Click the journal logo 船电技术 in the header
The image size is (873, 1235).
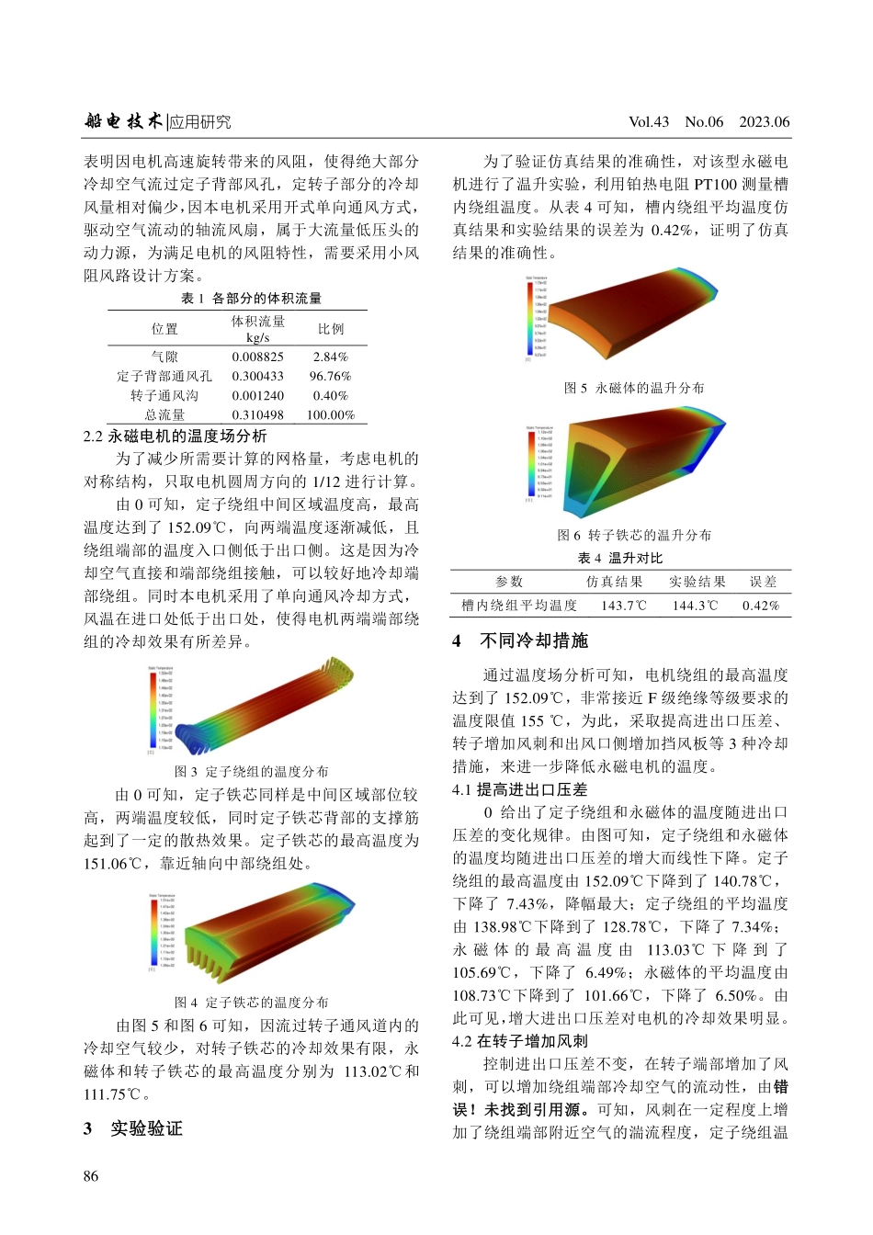click(123, 120)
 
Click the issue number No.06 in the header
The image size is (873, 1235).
click(704, 121)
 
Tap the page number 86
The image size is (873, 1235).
click(91, 1176)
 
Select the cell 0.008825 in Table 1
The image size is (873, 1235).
click(257, 357)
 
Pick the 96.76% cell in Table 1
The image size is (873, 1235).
click(330, 376)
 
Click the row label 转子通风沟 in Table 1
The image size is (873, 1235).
click(164, 395)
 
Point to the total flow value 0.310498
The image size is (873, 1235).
click(257, 415)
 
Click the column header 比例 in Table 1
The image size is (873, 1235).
click(331, 328)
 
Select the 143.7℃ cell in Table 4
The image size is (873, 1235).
click(623, 606)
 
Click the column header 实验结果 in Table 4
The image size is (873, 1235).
click(697, 582)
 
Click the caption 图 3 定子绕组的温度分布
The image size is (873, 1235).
click(251, 771)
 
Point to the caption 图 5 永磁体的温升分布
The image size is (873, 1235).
click(634, 388)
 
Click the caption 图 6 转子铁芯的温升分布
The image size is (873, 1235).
click(634, 535)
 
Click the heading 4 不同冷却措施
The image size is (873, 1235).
click(520, 640)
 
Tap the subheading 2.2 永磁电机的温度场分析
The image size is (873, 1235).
click(175, 436)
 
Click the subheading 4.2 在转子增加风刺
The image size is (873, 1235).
click(519, 1041)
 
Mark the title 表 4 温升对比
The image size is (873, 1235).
click(619, 558)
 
